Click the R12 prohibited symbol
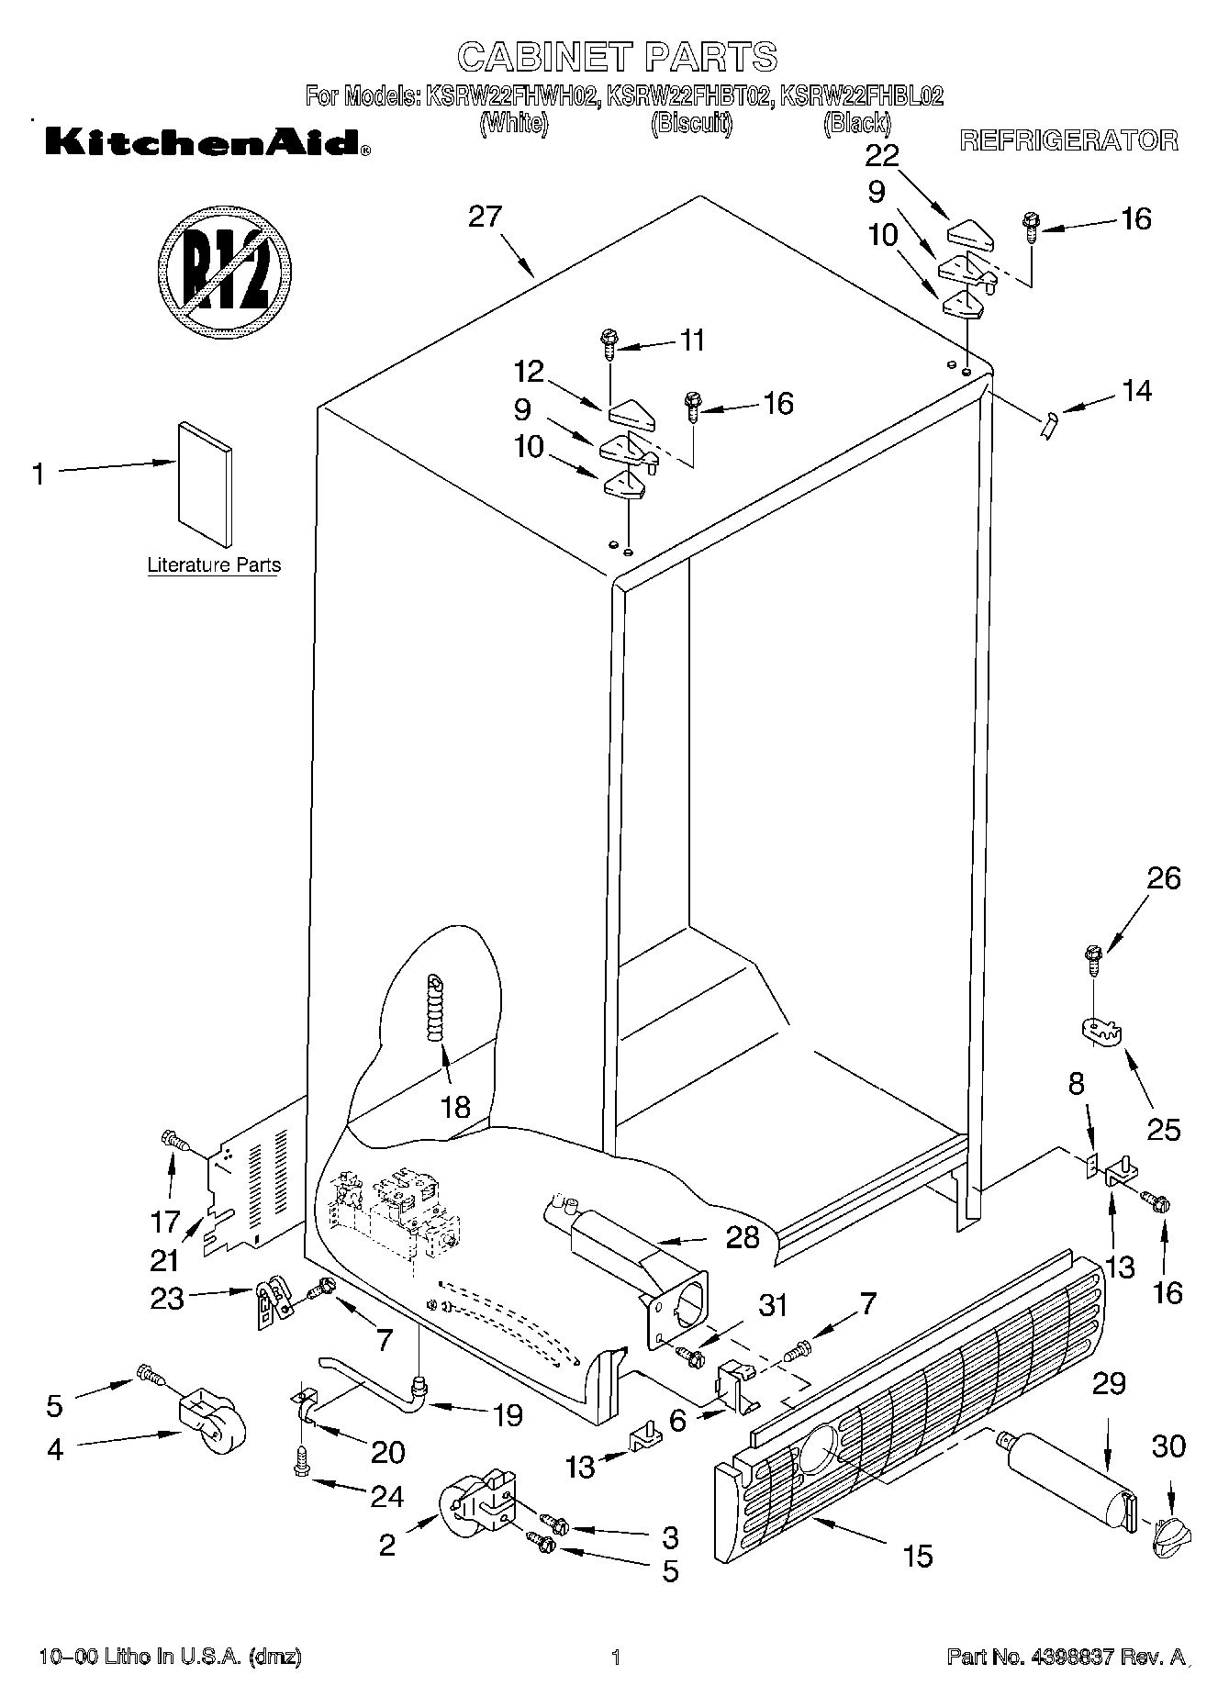click(225, 271)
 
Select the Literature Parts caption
click(214, 565)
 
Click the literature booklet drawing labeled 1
click(205, 485)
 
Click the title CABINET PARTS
click(617, 57)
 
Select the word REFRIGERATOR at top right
click(1068, 140)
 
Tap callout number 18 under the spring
click(455, 1107)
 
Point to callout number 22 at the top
click(882, 155)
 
